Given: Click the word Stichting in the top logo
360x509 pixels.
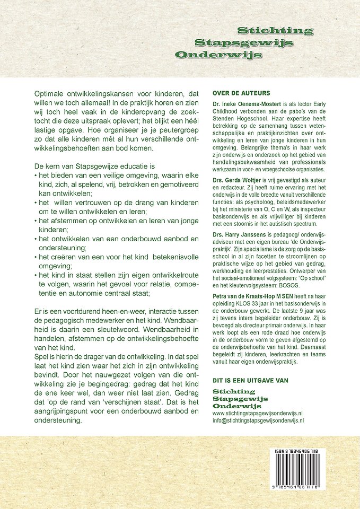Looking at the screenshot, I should [x=275, y=31].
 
